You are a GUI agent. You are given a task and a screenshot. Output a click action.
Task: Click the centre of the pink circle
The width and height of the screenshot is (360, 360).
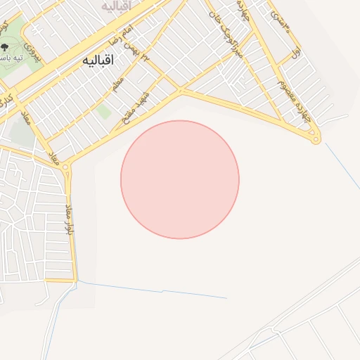pos(180,180)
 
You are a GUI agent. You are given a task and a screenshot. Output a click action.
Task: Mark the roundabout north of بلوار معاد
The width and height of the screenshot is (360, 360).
pos(67,168)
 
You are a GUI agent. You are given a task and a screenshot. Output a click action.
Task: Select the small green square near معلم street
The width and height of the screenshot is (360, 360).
pos(104,110)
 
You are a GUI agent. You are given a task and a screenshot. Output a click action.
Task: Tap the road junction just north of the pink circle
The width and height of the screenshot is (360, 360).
pos(181,91)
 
